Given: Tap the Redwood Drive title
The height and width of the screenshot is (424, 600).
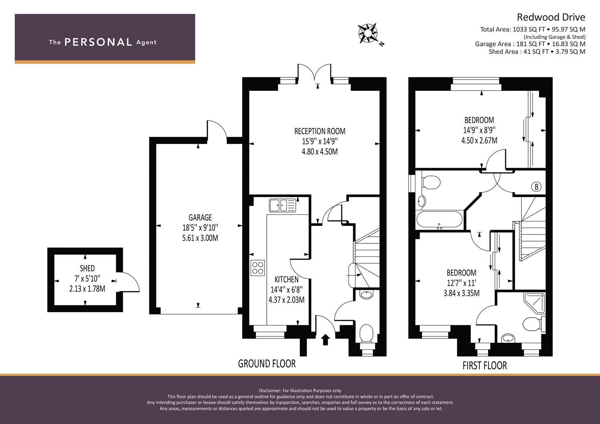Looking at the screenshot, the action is (x=551, y=17).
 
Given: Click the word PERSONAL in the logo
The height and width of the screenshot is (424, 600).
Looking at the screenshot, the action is (x=98, y=42).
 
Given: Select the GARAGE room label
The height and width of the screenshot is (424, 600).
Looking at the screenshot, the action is (x=200, y=217).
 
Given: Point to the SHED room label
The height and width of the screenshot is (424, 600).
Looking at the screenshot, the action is (x=87, y=268).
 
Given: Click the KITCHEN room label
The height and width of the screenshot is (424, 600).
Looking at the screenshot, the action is (x=286, y=280).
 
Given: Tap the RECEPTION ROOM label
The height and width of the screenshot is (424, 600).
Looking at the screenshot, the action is (x=320, y=131).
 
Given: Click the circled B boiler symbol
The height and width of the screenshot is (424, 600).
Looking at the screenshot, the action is (x=536, y=186).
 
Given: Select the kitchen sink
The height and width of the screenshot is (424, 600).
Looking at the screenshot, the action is (x=283, y=205).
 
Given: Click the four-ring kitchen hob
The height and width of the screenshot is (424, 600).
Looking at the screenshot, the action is (x=258, y=268).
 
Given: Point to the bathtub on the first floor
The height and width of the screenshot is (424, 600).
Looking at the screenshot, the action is (x=439, y=219).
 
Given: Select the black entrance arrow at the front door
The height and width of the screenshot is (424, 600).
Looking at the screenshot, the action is (x=325, y=340).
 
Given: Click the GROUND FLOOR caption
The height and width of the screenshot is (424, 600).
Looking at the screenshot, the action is (x=267, y=364).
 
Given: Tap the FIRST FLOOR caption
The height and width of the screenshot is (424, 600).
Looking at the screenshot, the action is (x=485, y=366).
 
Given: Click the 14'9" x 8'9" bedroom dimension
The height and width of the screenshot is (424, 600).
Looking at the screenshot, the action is (x=479, y=130).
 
